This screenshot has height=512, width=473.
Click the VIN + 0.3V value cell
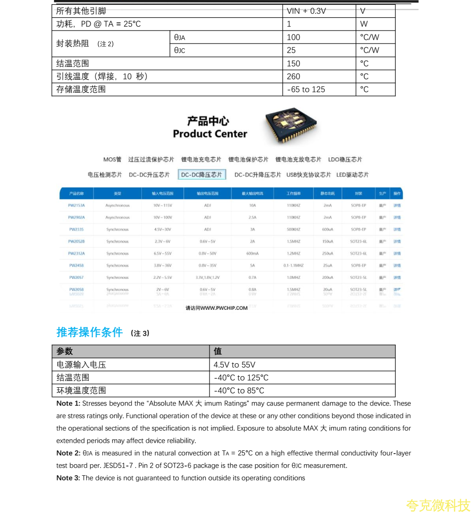306,11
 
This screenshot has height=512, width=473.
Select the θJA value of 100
294,37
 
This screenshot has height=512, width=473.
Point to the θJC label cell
179,50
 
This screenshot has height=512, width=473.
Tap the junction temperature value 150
294,64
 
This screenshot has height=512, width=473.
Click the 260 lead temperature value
294,76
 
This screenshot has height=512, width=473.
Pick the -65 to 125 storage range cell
306,89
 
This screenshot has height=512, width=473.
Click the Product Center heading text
210,134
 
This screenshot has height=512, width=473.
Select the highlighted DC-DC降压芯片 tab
202,175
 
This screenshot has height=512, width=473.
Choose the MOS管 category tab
112,160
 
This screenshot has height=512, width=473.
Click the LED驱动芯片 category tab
352,175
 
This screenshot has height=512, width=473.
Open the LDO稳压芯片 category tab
345,160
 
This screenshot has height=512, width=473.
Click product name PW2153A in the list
76,206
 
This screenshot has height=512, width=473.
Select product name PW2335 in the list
76,229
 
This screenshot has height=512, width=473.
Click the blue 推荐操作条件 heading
90,332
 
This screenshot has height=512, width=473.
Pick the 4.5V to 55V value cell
234,365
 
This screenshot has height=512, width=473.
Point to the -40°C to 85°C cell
239,391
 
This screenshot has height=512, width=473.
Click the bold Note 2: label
68,453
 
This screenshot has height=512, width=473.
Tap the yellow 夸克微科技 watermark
438,505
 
